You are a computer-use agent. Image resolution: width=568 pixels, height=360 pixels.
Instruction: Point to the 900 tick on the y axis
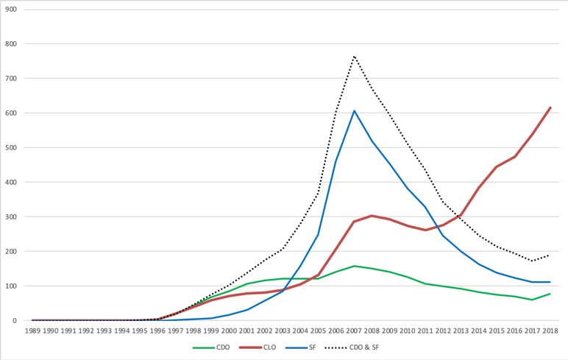pos(11,9)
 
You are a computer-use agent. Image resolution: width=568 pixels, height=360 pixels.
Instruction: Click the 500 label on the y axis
pos(11,147)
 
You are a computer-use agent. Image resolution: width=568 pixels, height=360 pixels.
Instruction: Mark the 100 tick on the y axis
pos(11,286)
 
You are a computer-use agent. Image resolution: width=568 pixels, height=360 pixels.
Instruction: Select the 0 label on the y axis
pos(15,320)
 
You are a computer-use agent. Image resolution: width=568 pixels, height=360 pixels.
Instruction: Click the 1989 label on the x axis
pos(32,331)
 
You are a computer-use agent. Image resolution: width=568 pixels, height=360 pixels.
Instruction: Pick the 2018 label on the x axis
pos(550,331)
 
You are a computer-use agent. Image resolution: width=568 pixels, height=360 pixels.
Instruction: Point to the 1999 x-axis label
pos(211,331)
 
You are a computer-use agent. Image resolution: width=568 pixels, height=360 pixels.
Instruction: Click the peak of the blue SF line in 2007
pos(354,110)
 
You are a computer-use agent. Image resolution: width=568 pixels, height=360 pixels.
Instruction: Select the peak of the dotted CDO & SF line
pos(354,55)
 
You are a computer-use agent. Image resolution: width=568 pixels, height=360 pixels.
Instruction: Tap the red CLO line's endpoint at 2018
pos(550,107)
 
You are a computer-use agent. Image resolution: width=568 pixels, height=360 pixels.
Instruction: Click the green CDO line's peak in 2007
pos(354,266)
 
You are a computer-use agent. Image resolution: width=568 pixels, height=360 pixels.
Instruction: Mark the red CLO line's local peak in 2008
pos(372,216)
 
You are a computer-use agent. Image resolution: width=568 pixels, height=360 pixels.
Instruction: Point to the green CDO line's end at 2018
pos(550,294)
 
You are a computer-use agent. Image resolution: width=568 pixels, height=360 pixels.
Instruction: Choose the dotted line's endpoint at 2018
pos(550,255)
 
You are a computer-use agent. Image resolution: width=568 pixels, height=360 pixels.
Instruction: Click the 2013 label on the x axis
pos(461,331)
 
